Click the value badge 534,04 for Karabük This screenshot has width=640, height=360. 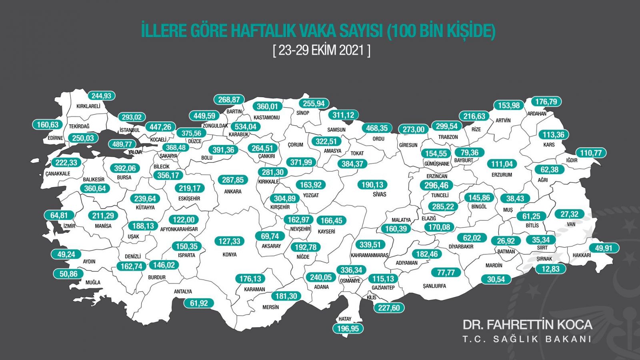245,127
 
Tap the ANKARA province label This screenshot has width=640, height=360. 232,192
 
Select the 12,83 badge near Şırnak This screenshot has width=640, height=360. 550,269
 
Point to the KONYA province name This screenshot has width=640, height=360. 229,254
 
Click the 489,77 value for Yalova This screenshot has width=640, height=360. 122,144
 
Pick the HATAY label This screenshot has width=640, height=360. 345,319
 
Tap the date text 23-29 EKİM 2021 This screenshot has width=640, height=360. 322,50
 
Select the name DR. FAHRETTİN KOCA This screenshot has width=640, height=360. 527,324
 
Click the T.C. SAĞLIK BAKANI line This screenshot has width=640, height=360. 527,339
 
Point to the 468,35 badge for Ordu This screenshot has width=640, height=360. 377,128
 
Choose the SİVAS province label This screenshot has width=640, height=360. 379,194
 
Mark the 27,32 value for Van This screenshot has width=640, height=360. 569,214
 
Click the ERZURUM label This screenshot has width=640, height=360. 502,175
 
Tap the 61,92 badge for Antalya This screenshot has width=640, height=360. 199,303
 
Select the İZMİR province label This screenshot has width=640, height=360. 69,226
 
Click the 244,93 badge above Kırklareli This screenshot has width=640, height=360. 101,96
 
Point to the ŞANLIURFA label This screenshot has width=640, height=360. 434,286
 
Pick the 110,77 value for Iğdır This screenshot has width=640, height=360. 591,153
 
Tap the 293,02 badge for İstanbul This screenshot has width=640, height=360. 132,117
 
